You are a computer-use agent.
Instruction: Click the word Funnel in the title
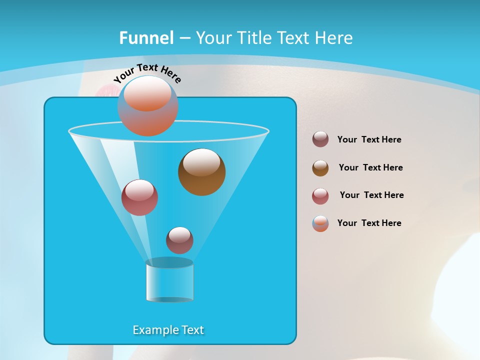pos(146,38)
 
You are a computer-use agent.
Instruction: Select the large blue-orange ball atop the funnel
pos(148,106)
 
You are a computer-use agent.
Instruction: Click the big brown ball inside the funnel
pos(201,172)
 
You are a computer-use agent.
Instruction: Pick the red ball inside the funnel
pos(139,197)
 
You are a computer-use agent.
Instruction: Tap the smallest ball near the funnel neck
pos(179,240)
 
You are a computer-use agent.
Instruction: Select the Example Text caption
pos(168,330)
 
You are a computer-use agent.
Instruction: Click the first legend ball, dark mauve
pos(320,139)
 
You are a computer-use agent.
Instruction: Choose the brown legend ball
pos(320,168)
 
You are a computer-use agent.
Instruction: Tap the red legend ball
pos(320,196)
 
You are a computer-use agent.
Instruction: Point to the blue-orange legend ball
pos(320,224)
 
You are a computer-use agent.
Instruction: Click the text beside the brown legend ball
pos(370,167)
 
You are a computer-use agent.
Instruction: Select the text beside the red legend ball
pos(371,195)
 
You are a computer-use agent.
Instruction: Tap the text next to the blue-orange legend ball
pos(369,223)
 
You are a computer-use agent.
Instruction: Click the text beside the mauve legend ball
pos(369,139)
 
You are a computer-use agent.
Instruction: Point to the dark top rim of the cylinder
pos(169,262)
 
